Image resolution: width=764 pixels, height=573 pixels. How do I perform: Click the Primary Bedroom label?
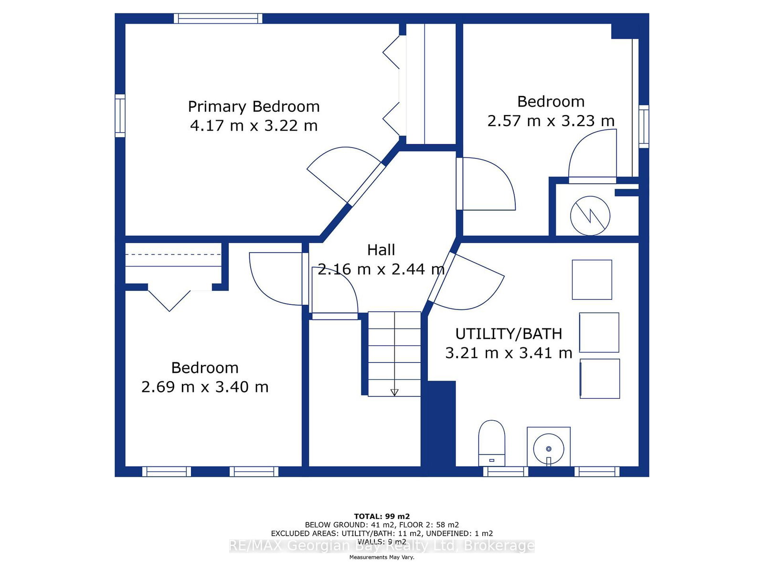pyautogui.click(x=254, y=107)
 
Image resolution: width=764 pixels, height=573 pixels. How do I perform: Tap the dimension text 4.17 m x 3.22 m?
pyautogui.click(x=254, y=126)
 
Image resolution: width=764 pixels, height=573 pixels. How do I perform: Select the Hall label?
pyautogui.click(x=381, y=250)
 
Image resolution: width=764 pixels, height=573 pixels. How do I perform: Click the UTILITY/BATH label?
pyautogui.click(x=509, y=334)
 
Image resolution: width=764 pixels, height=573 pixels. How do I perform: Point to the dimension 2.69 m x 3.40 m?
pyautogui.click(x=205, y=387)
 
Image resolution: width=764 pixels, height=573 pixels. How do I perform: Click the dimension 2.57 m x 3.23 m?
pyautogui.click(x=551, y=121)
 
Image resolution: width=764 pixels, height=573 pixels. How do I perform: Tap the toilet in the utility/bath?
pyautogui.click(x=491, y=443)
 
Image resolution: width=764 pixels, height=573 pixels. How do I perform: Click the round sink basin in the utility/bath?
pyautogui.click(x=549, y=448)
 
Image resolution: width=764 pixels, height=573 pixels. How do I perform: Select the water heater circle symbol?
pyautogui.click(x=590, y=216)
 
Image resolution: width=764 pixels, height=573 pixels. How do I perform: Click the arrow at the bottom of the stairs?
pyautogui.click(x=394, y=393)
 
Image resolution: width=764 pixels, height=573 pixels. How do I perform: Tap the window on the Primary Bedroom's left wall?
pyautogui.click(x=120, y=116)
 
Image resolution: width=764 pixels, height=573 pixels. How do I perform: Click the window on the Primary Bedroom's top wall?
pyautogui.click(x=218, y=19)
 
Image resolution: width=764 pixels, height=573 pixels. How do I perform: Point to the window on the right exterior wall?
pyautogui.click(x=644, y=127)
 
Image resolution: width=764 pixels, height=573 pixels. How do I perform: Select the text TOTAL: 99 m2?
pyautogui.click(x=382, y=516)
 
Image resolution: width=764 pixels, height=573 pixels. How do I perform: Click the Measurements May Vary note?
pyautogui.click(x=382, y=557)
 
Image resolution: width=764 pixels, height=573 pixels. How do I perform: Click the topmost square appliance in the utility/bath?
pyautogui.click(x=592, y=280)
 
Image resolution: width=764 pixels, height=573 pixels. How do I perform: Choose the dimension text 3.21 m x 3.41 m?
pyautogui.click(x=509, y=353)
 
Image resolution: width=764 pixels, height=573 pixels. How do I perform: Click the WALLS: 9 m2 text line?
pyautogui.click(x=382, y=541)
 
